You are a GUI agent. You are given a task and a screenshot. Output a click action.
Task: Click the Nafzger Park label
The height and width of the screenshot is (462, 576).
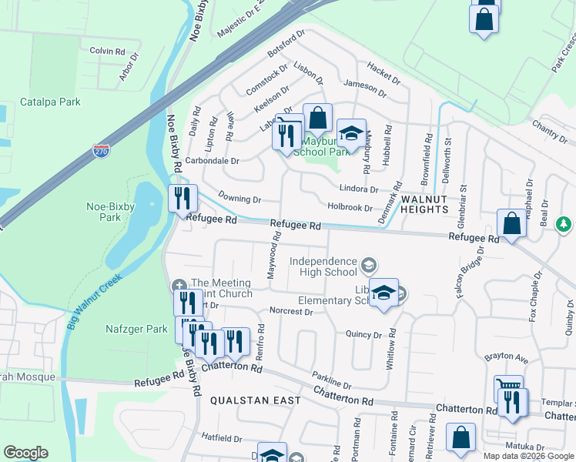point(136,329)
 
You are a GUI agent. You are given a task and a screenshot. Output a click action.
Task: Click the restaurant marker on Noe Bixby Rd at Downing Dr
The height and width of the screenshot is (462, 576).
point(183,199)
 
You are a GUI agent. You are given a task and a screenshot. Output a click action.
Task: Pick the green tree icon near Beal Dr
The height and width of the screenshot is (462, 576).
point(564,224)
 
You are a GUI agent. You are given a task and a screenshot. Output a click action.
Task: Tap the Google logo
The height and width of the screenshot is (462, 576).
point(25,453)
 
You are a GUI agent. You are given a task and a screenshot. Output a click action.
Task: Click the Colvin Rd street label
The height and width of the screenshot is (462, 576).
point(107,51)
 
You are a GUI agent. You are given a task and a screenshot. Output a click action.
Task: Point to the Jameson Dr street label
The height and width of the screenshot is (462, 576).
point(366,88)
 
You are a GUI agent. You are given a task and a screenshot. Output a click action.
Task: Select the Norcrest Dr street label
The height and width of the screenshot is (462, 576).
point(292,312)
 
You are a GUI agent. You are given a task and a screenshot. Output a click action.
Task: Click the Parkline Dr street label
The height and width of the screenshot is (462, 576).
point(332,380)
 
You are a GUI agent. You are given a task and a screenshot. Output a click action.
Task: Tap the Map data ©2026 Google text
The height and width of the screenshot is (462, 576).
point(527,456)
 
